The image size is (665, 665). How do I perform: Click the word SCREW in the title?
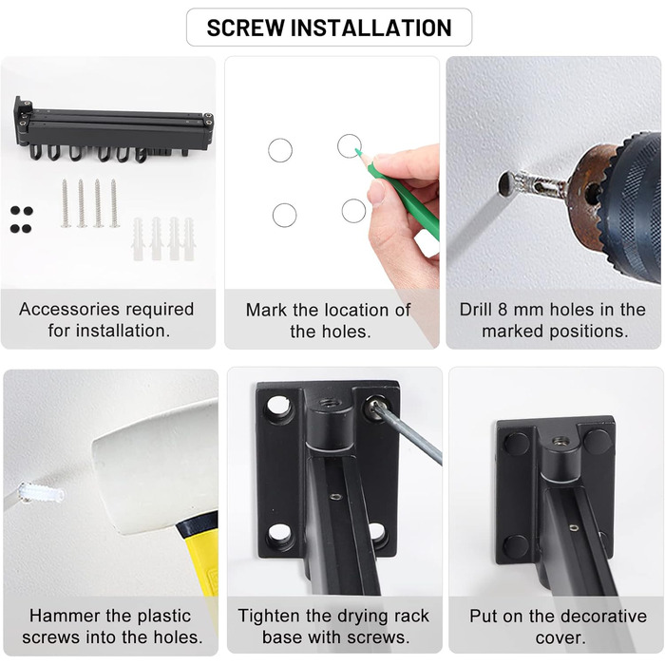245,28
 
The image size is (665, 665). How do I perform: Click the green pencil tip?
357,151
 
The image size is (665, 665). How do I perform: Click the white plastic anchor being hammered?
41,493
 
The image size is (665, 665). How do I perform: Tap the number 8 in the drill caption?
503,310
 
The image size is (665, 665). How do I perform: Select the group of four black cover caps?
21,219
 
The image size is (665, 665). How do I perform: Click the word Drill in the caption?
476,310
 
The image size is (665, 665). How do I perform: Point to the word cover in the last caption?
560,637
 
